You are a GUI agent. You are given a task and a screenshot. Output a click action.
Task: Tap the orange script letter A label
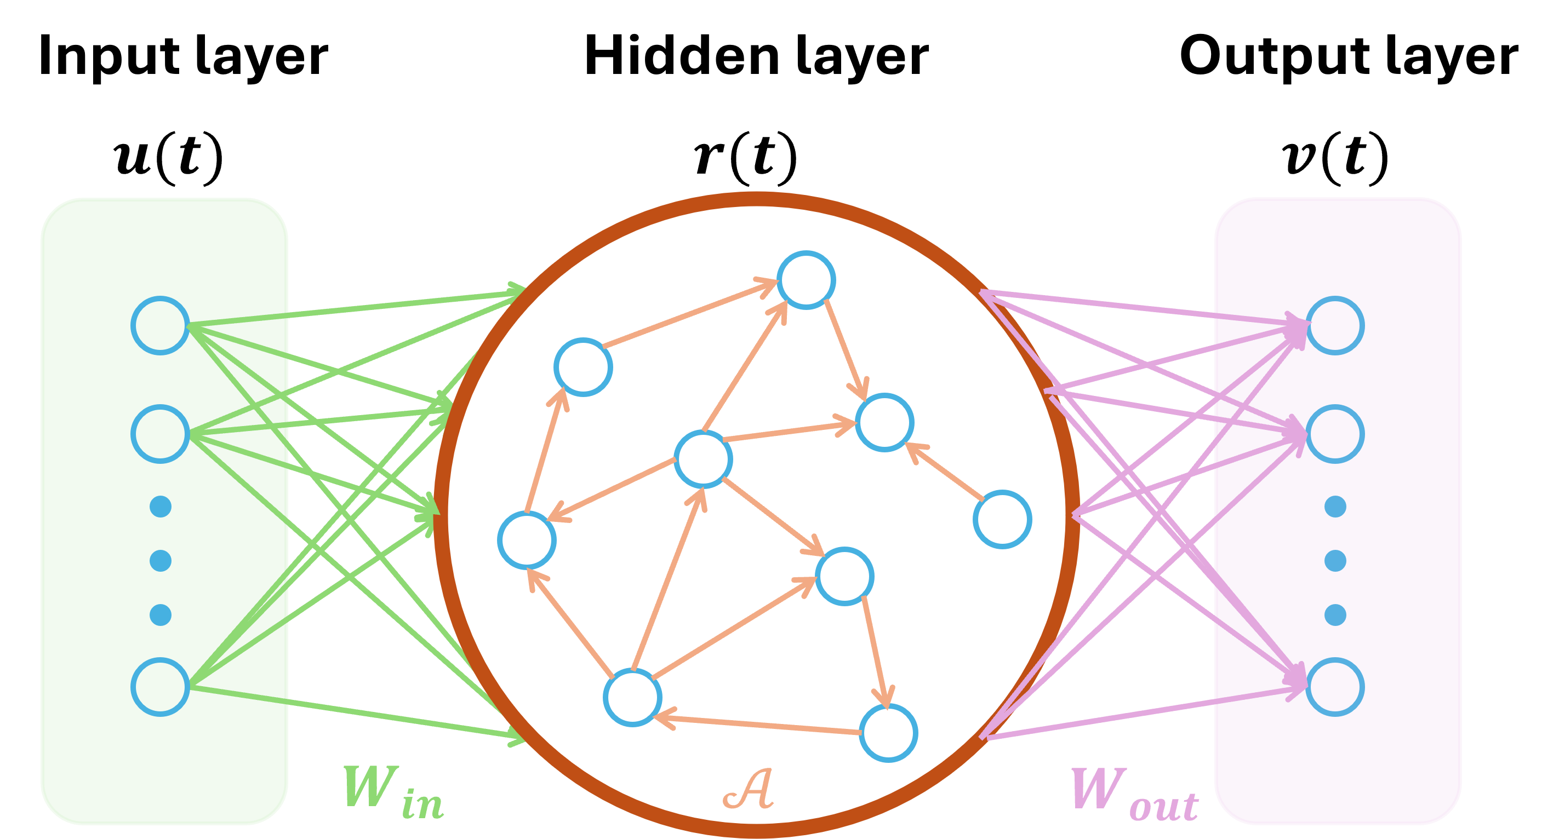click(749, 789)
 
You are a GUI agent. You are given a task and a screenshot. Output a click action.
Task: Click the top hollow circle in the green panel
click(161, 325)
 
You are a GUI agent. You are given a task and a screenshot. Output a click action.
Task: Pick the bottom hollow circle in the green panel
click(161, 687)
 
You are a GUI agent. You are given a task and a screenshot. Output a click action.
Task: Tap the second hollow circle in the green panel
click(161, 434)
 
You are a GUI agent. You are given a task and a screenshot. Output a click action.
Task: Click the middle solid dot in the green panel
click(161, 561)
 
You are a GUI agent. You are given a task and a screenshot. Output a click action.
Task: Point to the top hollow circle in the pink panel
click(1335, 325)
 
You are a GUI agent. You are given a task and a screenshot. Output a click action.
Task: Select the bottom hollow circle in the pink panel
click(1335, 687)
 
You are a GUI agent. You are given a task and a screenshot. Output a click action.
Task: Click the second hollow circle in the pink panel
click(1335, 434)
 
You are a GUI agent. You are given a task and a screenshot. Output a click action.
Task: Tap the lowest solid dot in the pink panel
click(1335, 614)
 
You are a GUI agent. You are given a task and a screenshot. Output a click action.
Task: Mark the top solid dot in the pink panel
click(1335, 507)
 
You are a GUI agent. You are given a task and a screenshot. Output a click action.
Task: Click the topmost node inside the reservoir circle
click(806, 280)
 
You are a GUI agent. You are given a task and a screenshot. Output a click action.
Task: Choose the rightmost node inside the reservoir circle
click(1002, 519)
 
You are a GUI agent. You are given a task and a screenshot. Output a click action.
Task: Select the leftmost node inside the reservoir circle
click(527, 539)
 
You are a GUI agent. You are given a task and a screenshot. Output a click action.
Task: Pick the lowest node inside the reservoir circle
click(888, 733)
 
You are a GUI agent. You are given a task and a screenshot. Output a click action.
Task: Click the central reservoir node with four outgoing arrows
click(703, 459)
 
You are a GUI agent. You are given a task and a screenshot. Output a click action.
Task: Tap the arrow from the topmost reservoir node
click(846, 349)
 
